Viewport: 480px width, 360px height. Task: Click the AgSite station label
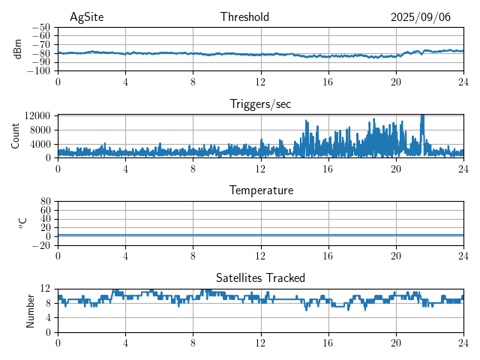86,17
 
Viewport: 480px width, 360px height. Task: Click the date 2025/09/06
420,17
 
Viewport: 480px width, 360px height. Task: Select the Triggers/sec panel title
260,104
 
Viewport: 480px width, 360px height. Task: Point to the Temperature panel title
260,190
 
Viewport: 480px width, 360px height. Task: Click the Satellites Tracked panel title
260,278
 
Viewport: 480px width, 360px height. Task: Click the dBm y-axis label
18,49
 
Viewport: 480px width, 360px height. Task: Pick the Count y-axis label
16,136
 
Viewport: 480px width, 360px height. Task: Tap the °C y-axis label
22,223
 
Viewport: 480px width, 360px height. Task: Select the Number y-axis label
31,310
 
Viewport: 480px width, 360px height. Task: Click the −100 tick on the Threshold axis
39,71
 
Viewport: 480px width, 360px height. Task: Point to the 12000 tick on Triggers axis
37,115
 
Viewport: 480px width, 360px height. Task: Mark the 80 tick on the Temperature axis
45,202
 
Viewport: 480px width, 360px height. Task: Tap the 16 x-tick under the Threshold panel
328,82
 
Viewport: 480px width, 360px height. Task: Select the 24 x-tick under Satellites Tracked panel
463,343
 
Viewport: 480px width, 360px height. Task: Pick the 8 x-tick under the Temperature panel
193,256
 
